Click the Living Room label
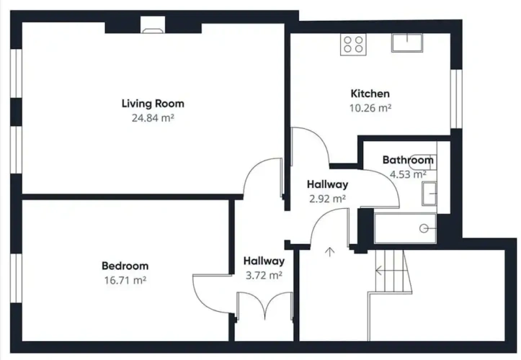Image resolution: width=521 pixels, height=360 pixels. tap(153, 104)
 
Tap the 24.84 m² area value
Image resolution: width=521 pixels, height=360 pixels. tap(153, 118)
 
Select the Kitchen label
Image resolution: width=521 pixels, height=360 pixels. tap(370, 94)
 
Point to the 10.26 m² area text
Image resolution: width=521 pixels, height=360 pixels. tap(370, 108)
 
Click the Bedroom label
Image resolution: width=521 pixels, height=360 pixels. tap(125, 266)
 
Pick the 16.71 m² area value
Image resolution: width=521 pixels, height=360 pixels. tap(125, 280)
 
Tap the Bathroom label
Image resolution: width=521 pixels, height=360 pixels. tap(408, 160)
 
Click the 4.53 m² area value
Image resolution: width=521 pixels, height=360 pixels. tap(408, 174)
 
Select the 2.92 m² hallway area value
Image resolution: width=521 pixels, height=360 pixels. tap(328, 199)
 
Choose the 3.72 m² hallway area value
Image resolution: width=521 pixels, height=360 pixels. tap(264, 275)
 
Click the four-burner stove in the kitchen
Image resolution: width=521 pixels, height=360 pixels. tap(353, 45)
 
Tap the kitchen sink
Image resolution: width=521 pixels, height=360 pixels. tap(407, 43)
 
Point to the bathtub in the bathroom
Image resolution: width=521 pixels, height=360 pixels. tap(405, 228)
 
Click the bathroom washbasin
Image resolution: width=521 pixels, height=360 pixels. tap(429, 194)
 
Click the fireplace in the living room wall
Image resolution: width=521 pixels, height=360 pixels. tap(153, 25)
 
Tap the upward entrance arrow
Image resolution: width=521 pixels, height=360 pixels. tap(329, 253)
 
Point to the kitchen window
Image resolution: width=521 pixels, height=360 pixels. tap(456, 99)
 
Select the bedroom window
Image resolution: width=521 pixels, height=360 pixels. tap(16, 279)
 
